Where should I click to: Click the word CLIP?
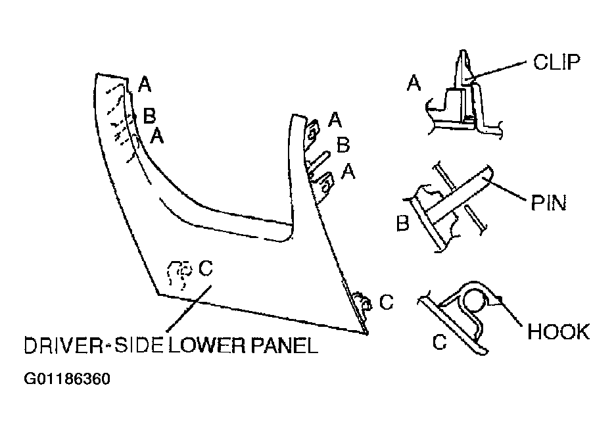[556, 62]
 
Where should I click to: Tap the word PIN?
[548, 203]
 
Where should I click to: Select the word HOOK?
[558, 331]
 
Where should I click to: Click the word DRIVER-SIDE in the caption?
[93, 345]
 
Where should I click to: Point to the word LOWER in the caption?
[208, 345]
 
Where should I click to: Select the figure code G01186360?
[67, 379]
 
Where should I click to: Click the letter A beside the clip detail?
[413, 83]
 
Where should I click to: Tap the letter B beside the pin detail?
[402, 223]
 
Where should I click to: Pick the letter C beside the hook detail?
[439, 341]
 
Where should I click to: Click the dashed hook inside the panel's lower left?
[179, 274]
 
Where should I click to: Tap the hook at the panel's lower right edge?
[362, 302]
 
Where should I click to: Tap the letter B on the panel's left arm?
[149, 116]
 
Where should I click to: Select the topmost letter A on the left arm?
[145, 84]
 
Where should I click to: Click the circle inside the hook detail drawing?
[475, 301]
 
